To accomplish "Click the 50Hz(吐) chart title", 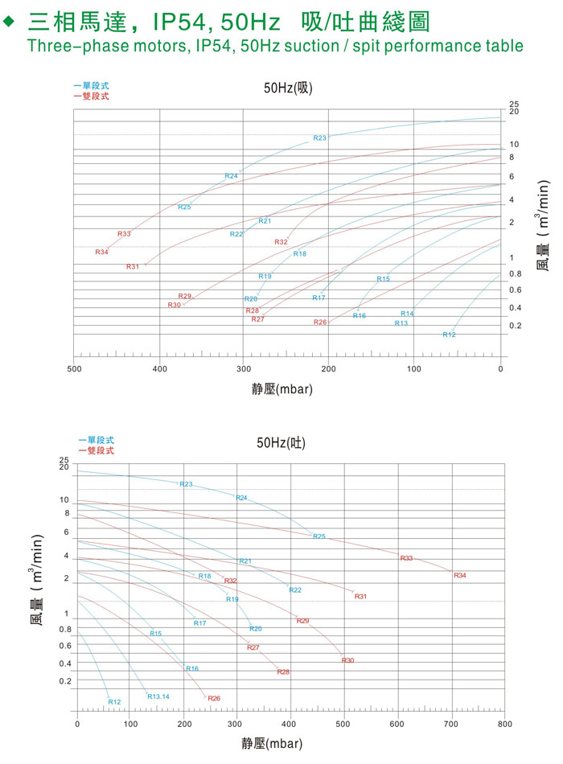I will click(281, 442).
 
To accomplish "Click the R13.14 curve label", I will click(158, 696).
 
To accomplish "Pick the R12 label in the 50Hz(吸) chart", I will click(449, 335).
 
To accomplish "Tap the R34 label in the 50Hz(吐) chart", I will click(459, 575).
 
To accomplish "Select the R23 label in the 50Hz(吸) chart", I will click(319, 138).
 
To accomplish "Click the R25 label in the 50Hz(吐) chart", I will click(319, 536).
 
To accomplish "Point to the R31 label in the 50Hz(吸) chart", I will click(133, 266).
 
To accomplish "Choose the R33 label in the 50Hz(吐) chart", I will click(406, 558).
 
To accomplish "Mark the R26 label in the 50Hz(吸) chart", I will click(320, 322).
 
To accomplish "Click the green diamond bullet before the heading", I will click(10, 23).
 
